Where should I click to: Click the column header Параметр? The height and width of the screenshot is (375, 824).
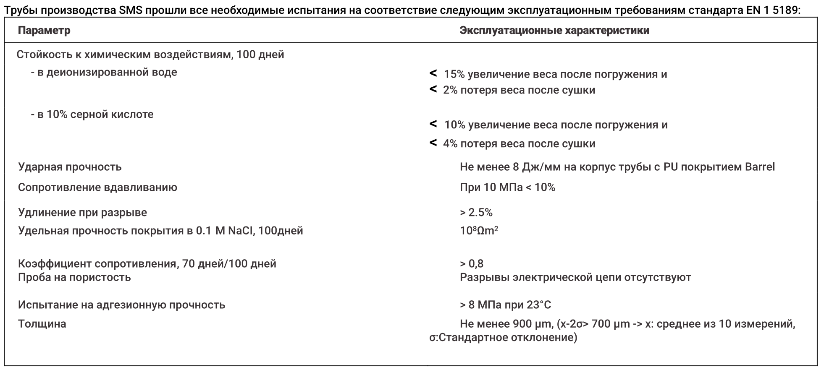44,31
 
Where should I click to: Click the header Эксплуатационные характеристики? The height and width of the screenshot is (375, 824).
554,31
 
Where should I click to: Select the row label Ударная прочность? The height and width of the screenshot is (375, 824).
70,167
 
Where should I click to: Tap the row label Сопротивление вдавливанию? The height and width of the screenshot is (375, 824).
97,187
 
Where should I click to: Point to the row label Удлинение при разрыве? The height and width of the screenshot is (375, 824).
82,212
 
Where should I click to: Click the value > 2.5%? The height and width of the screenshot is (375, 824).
476,212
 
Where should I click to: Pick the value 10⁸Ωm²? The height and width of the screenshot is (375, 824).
479,231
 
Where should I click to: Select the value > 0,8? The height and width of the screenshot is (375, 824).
471,263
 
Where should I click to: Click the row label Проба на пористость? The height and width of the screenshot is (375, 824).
74,277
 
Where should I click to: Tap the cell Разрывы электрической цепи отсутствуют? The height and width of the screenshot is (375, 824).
575,277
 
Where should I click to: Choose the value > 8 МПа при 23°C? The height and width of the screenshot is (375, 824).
505,305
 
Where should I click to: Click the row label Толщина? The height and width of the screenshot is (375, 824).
42,324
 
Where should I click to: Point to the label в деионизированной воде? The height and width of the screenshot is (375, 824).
104,72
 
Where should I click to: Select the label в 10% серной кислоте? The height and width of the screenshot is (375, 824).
92,114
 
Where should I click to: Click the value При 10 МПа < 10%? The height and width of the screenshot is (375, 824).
507,187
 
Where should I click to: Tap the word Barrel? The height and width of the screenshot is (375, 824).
760,167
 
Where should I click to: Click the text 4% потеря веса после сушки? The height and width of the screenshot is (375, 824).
519,144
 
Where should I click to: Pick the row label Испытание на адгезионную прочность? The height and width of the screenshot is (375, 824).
121,305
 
